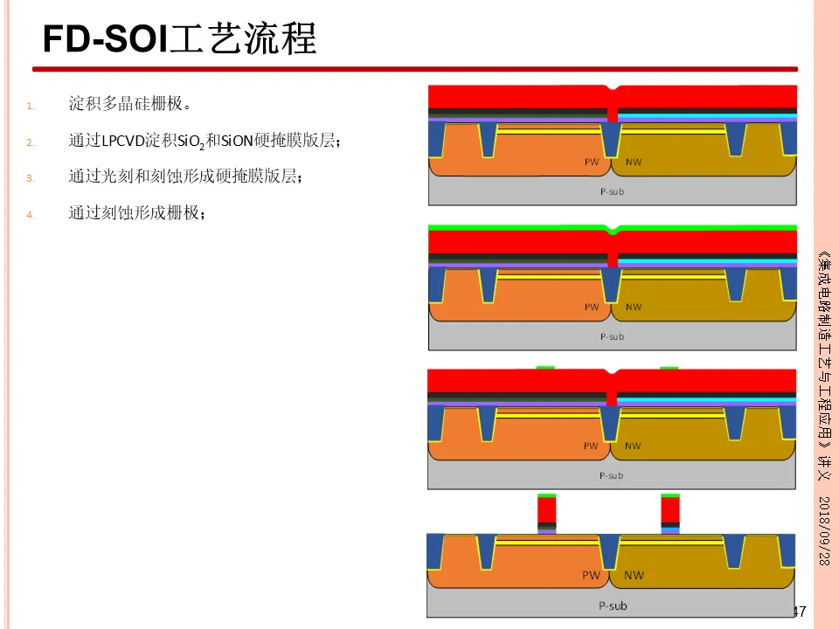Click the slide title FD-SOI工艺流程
click(x=179, y=38)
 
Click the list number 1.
click(x=29, y=107)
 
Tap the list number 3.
click(x=29, y=178)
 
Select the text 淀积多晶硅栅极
click(x=128, y=104)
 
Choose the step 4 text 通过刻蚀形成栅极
click(x=136, y=211)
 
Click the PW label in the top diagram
click(x=592, y=162)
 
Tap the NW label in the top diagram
click(x=633, y=162)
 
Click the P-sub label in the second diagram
click(x=612, y=336)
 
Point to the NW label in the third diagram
click(x=633, y=446)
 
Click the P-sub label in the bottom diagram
click(x=612, y=605)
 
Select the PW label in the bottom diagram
click(x=592, y=576)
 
